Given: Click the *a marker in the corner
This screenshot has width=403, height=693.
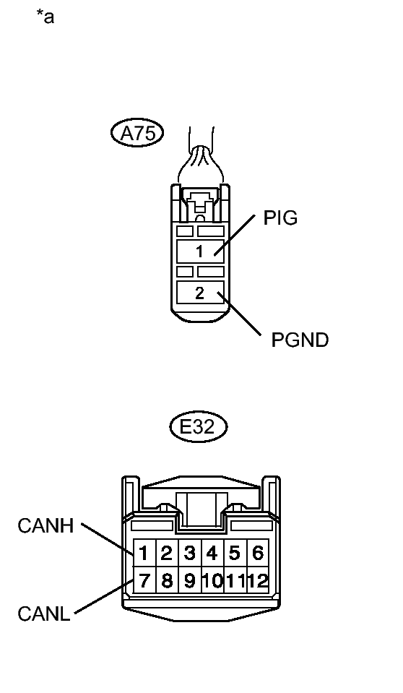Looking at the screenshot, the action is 45,17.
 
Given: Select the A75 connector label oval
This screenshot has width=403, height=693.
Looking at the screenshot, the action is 137,133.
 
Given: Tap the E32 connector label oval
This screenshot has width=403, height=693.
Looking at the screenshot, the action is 199,426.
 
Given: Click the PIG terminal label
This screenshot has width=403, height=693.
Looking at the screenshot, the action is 280,218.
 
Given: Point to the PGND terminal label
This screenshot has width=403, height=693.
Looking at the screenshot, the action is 300,340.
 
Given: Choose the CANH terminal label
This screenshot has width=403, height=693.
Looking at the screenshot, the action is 45,526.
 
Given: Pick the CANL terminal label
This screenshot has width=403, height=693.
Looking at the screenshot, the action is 44,614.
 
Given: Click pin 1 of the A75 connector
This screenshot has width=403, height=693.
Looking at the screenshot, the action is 200,251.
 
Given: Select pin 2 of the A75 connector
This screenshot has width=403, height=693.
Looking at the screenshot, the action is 200,293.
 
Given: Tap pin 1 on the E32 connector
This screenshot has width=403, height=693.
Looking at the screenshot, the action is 144,553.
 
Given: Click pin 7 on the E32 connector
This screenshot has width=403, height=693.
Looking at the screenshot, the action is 144,580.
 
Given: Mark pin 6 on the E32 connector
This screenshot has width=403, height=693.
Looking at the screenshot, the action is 258,553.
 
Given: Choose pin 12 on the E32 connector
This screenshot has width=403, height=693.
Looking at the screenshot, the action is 258,580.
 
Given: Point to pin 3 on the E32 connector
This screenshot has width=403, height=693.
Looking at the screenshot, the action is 190,553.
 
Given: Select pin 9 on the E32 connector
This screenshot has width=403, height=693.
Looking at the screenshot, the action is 190,580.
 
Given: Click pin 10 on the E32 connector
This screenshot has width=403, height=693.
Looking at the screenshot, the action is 212,580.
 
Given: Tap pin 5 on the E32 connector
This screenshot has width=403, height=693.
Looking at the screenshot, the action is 235,553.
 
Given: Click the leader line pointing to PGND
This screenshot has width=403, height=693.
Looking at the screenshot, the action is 238,314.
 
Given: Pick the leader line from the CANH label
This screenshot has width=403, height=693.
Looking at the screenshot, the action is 108,539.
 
